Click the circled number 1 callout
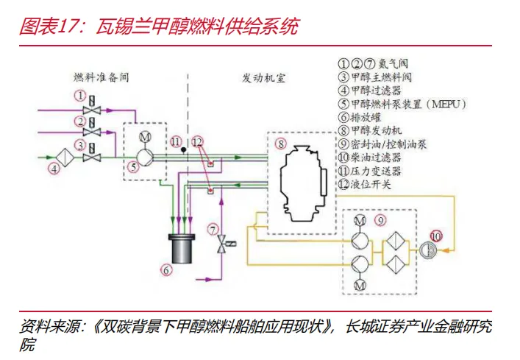coord(80,96)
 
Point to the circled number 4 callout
coord(54,169)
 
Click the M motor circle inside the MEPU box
coord(145,136)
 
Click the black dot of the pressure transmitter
coord(183,150)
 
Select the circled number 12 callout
coord(197,142)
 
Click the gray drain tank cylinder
coord(182,249)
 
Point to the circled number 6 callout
coord(166,269)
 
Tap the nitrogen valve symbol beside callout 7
coord(224,244)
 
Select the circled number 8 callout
coord(281,144)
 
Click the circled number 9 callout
coord(380,220)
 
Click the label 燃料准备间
coord(101,77)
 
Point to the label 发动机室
coord(263,78)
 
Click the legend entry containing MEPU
coord(402,105)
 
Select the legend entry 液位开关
coord(365,184)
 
